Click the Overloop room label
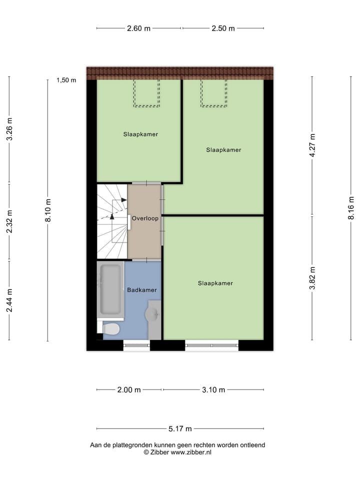pos(145,218)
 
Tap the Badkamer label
pos(142,290)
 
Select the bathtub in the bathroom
pos(110,289)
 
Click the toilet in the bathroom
pos(111,328)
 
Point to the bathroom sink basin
pos(152,314)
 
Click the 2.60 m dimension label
pos(139,28)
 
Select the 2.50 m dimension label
pos(223,28)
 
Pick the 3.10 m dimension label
pos(213,390)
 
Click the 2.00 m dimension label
pos(129,390)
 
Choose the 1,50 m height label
pos(66,80)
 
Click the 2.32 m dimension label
pos(9,222)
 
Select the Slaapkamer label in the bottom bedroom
pos(215,283)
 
